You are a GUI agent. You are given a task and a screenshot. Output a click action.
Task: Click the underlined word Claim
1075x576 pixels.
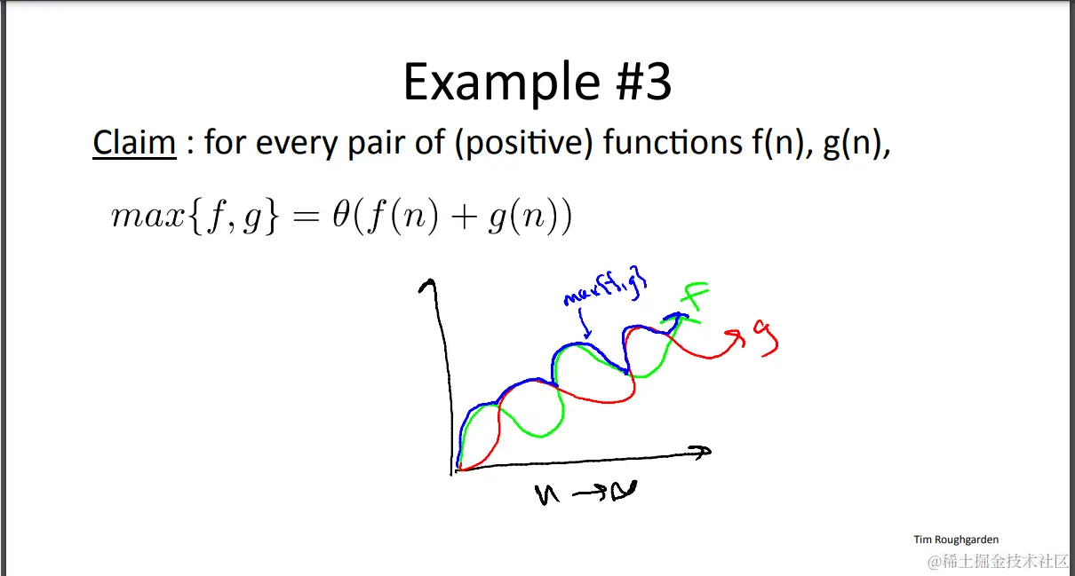[x=134, y=142]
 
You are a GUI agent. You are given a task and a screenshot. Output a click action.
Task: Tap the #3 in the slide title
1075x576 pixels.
[x=643, y=82]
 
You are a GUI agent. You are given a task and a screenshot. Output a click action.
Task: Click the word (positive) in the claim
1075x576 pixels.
[x=523, y=144]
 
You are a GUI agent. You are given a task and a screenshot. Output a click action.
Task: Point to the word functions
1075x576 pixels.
[x=673, y=142]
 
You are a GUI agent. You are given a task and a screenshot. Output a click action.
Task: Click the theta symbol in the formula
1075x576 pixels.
[x=341, y=215]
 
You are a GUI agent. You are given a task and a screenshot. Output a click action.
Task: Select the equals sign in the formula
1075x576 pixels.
[x=307, y=217]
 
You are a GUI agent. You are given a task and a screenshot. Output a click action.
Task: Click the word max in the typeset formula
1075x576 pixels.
[x=147, y=217]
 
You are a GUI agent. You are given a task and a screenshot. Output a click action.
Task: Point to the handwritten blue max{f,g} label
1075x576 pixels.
[x=606, y=285]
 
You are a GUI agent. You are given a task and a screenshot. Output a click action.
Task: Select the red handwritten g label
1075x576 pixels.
[x=767, y=337]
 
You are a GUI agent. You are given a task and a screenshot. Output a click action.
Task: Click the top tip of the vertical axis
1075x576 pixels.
[x=432, y=280]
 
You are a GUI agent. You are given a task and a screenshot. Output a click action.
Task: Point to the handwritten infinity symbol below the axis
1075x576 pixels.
[x=623, y=491]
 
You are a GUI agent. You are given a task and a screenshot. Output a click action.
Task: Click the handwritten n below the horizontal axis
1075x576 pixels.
[x=547, y=494]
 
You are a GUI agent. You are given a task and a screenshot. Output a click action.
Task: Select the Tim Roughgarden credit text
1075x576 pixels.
[x=956, y=540]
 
